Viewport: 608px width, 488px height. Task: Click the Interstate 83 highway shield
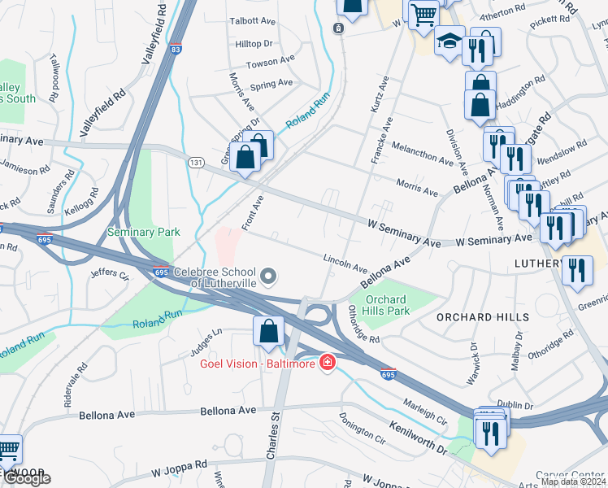(x=176, y=50)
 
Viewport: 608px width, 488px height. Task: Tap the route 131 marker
(x=195, y=163)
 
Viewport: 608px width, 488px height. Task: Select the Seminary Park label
(x=143, y=232)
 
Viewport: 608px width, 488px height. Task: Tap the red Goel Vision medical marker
(x=328, y=362)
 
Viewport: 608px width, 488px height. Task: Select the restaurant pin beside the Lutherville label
(x=577, y=270)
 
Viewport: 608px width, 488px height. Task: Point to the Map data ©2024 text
(x=574, y=481)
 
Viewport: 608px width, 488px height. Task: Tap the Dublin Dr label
(x=515, y=404)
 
